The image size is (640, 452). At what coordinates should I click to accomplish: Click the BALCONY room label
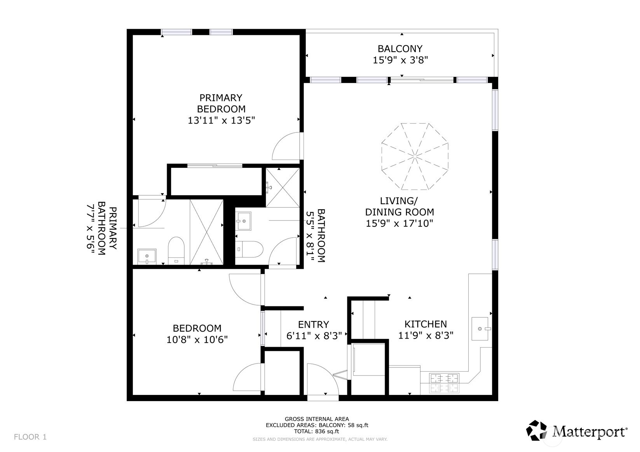(400, 49)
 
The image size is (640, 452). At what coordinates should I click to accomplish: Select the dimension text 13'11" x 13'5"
(221, 120)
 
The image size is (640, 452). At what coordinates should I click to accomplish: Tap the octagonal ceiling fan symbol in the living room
(415, 156)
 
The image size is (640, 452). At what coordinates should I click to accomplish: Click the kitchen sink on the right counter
(480, 329)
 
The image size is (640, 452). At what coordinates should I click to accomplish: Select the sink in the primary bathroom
(147, 256)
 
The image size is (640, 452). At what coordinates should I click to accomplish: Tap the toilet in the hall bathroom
(250, 249)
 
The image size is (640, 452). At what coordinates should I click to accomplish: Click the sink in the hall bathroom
(244, 221)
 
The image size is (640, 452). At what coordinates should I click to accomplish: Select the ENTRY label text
(313, 325)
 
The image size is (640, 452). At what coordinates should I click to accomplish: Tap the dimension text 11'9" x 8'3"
(426, 335)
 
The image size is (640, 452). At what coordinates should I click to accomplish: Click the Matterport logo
(577, 431)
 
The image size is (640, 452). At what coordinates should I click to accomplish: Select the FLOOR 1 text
(30, 437)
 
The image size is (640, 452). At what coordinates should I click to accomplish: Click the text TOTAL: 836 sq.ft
(317, 431)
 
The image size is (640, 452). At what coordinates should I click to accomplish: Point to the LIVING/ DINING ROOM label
(399, 207)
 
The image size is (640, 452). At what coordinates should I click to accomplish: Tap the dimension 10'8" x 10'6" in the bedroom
(197, 340)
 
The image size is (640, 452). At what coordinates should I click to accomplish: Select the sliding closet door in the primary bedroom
(215, 166)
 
